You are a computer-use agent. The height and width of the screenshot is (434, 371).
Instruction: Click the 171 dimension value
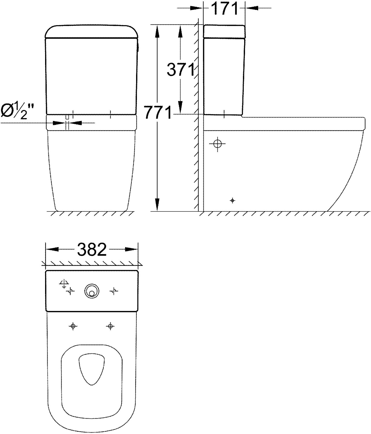224,8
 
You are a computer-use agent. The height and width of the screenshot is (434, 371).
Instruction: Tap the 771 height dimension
158,113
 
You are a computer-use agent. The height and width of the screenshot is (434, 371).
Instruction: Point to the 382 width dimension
92,249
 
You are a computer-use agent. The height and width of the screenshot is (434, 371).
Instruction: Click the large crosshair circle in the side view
218,144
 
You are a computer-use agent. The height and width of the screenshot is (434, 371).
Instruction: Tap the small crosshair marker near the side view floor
232,201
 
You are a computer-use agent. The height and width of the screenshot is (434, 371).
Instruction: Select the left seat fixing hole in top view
73,326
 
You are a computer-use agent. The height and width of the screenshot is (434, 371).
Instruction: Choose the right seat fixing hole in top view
110,326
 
